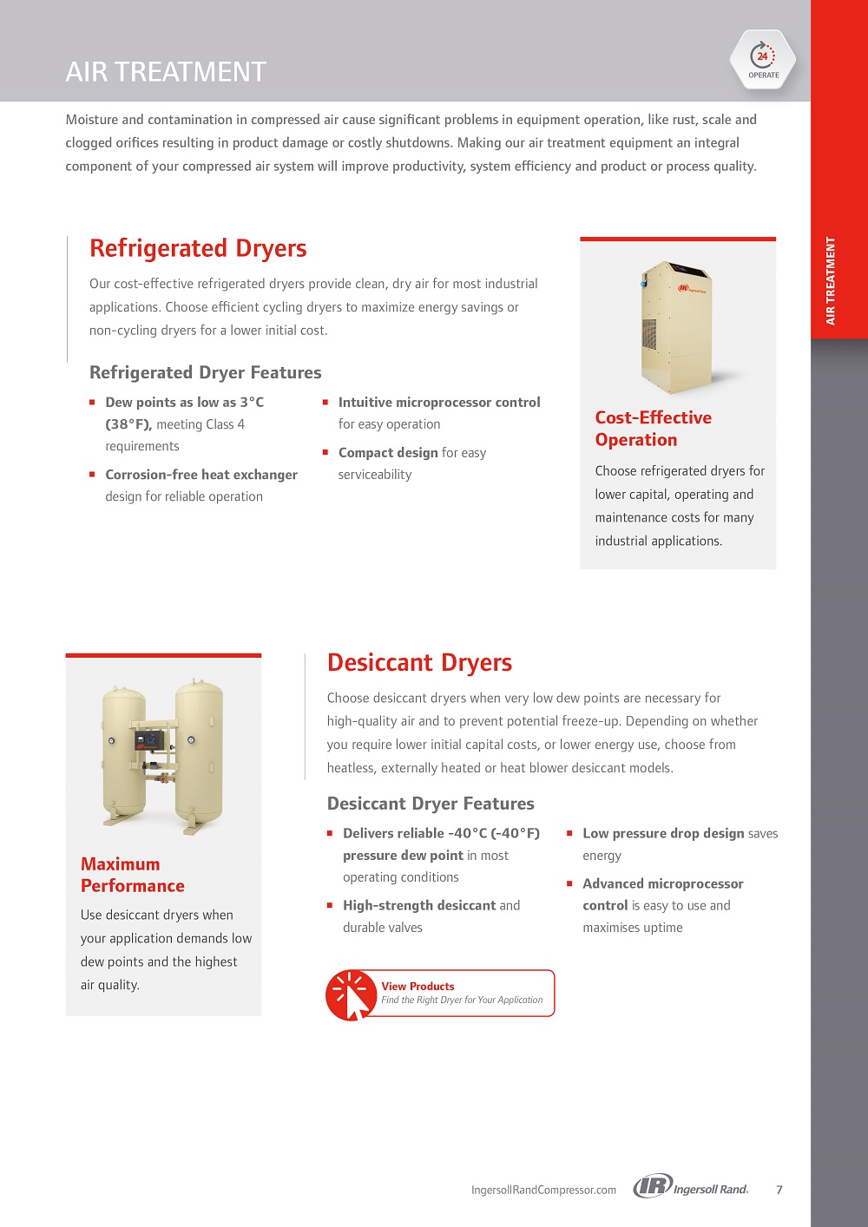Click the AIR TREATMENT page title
coord(166,71)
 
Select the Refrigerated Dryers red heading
coord(198,249)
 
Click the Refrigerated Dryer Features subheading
coord(205,372)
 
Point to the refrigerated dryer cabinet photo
coord(675,325)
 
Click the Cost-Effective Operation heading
coord(653,429)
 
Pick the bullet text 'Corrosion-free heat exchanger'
coord(201,475)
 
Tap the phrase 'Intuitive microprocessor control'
coord(439,403)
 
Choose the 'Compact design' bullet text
coord(388,453)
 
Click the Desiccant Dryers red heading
coord(419,663)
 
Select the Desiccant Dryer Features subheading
coord(431,804)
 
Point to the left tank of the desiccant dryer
coord(124,751)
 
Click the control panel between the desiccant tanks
coord(150,741)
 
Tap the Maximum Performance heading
coord(132,875)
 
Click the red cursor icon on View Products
coord(351,995)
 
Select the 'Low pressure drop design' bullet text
coord(663,834)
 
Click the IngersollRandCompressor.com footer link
coord(543,1190)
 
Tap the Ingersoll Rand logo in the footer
coord(690,1187)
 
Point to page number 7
coord(779,1190)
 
